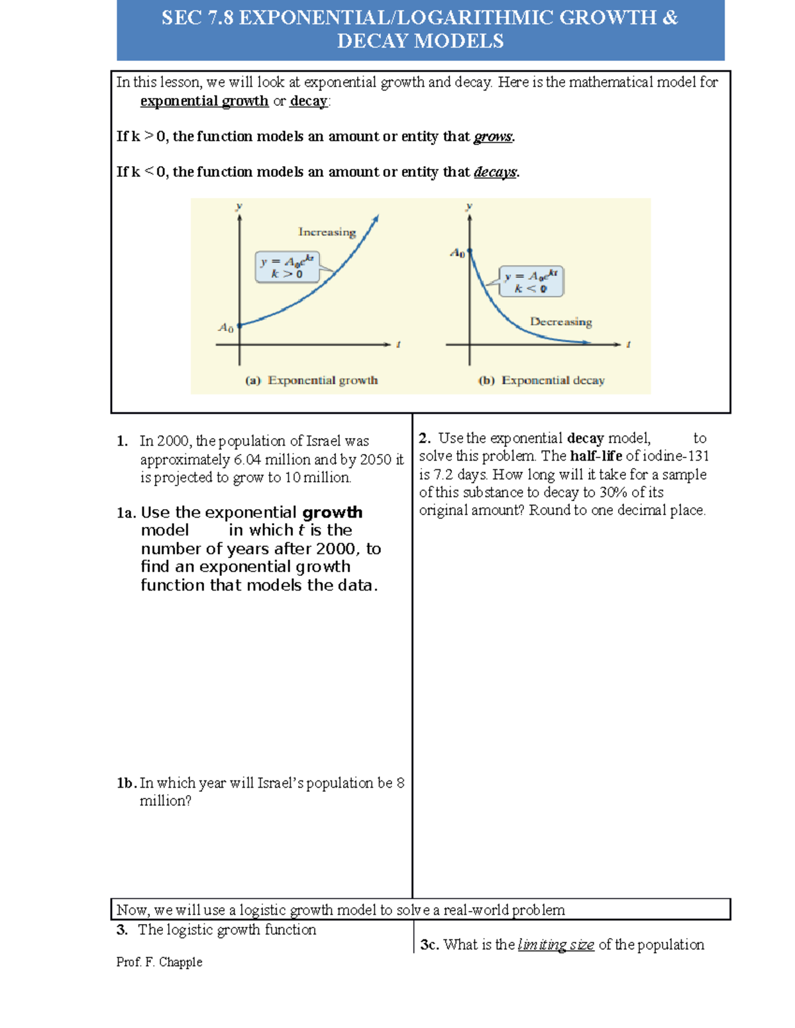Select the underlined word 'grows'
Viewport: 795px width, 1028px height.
(493, 136)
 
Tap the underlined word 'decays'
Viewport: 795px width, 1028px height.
(495, 172)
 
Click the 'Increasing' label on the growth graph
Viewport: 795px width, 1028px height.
(327, 232)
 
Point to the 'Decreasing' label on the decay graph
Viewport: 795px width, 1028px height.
(560, 322)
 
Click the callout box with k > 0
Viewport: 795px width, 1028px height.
(287, 267)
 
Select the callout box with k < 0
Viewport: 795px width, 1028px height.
(531, 281)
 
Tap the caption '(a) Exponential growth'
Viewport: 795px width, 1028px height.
(311, 381)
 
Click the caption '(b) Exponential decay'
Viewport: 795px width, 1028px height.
(541, 381)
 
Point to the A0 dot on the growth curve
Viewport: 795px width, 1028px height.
(240, 325)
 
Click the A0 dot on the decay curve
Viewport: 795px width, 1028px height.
(470, 252)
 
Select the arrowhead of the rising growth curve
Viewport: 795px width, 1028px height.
(376, 218)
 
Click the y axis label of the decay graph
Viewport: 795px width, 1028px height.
(469, 206)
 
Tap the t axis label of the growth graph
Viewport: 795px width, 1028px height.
(398, 344)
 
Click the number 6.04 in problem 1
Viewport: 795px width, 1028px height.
(247, 459)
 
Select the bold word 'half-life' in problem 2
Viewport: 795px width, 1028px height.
(596, 456)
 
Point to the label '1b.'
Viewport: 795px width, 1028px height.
(126, 783)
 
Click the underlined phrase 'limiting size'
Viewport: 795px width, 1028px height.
(556, 945)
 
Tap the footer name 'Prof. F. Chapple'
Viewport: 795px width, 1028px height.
(159, 962)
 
